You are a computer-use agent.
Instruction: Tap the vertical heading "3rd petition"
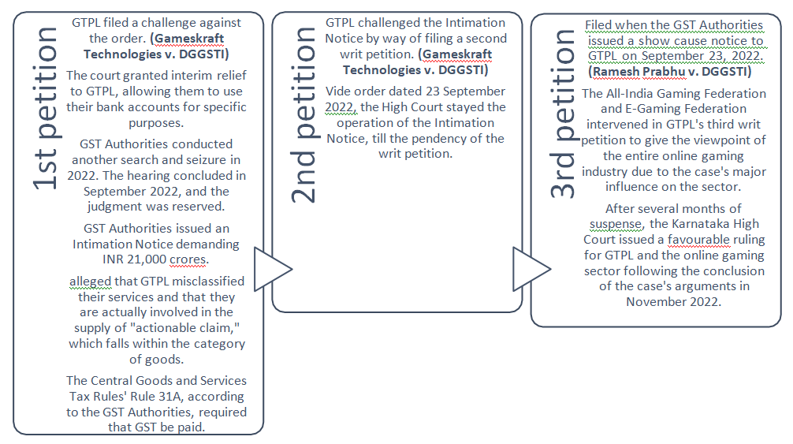click(x=564, y=114)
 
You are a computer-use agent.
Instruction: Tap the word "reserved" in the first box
click(x=198, y=207)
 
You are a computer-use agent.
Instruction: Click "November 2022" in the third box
click(x=674, y=302)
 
